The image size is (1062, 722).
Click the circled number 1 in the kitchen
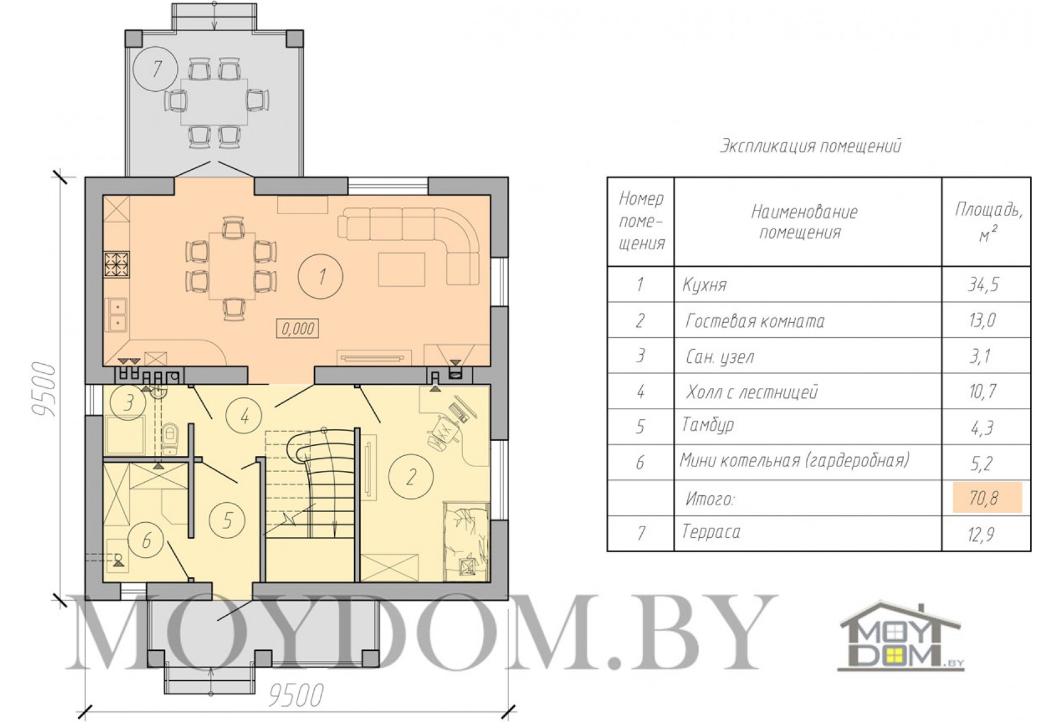pos(321,276)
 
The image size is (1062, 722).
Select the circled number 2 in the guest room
pos(410,477)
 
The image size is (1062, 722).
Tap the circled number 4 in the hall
pos(244,417)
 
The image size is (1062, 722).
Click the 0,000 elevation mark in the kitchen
pos(298,329)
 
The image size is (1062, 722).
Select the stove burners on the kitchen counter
pos(117,265)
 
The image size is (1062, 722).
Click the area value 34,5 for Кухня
pos(983,284)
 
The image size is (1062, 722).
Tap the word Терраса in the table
pos(711,532)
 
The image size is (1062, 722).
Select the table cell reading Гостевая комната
pos(755,321)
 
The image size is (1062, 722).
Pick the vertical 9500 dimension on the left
pos(45,390)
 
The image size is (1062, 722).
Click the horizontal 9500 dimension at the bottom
pos(296,696)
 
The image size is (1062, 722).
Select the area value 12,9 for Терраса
pos(981,534)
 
